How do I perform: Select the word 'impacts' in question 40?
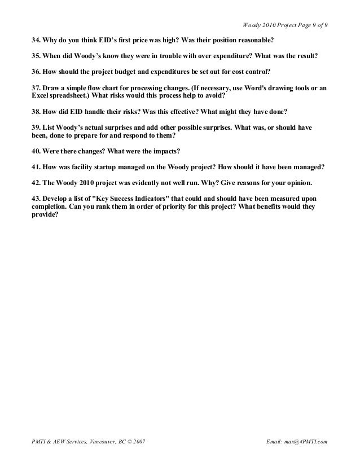coord(165,152)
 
